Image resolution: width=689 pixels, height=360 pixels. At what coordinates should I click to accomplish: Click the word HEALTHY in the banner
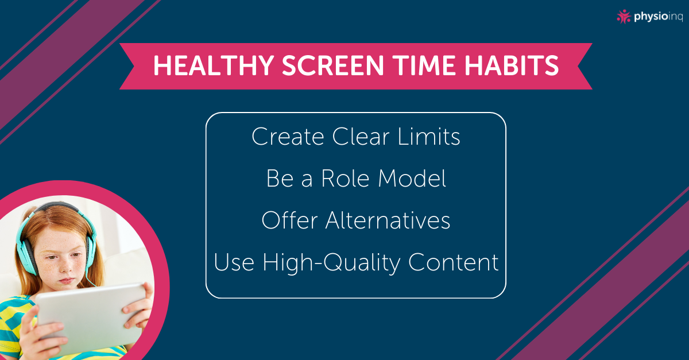coord(214,65)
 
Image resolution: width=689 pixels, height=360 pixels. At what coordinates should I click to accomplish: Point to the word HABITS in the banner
coord(512,65)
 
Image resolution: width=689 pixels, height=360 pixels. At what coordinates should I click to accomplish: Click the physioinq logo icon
coord(624,17)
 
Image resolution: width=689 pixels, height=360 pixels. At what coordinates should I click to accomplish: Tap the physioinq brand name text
coord(658,17)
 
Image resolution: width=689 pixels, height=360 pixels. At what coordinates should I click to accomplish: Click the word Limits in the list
coord(429,136)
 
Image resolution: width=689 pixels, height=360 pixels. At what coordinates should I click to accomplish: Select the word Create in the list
coord(288,136)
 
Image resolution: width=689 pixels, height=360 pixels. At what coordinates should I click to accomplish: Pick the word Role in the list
coord(345,178)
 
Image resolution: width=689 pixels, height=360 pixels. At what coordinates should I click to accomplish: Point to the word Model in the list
coord(412,178)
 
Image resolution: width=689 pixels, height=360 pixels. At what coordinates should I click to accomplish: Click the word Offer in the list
coord(289,220)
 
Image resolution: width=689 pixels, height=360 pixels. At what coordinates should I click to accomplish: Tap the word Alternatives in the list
coord(388,220)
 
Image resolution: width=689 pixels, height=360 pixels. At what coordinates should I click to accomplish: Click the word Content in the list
coord(454,262)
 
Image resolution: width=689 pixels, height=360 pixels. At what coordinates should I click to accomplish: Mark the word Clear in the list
coord(361,136)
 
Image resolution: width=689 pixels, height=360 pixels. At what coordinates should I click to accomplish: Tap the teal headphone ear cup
coord(27,256)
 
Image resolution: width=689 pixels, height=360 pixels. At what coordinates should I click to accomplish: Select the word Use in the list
coord(234,262)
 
